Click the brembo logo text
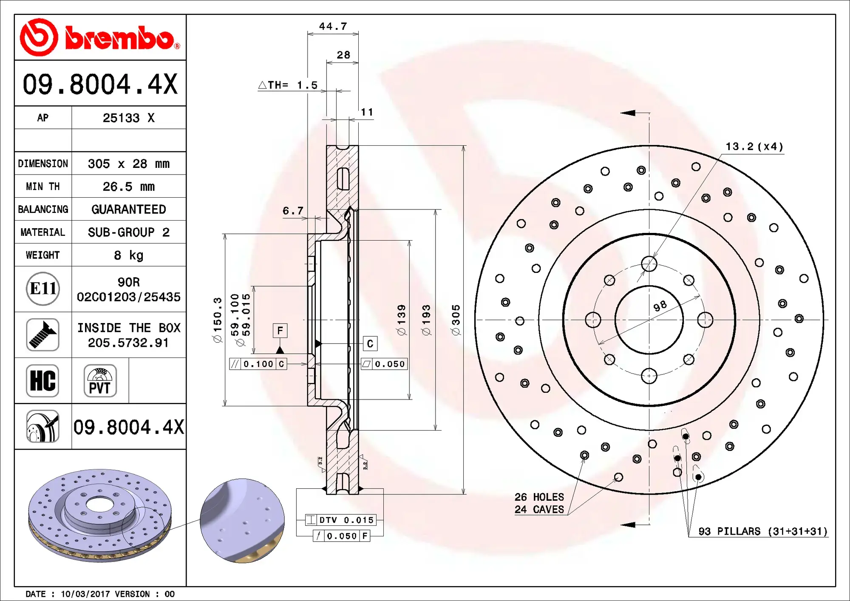[x=121, y=38]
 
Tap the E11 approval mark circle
[x=42, y=289]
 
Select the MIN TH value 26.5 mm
[x=128, y=187]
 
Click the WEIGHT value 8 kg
[x=128, y=255]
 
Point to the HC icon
[x=42, y=380]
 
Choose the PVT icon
[x=100, y=380]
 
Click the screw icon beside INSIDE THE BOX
[x=42, y=335]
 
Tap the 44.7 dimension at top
[x=333, y=26]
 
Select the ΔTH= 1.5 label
[x=288, y=85]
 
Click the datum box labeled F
[x=280, y=331]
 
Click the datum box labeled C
[x=370, y=343]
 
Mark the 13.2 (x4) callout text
[x=754, y=147]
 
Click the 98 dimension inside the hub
[x=660, y=306]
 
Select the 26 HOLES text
[x=539, y=497]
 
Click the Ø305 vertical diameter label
[x=456, y=320]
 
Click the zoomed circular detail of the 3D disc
[x=242, y=521]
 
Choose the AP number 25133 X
[x=128, y=118]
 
